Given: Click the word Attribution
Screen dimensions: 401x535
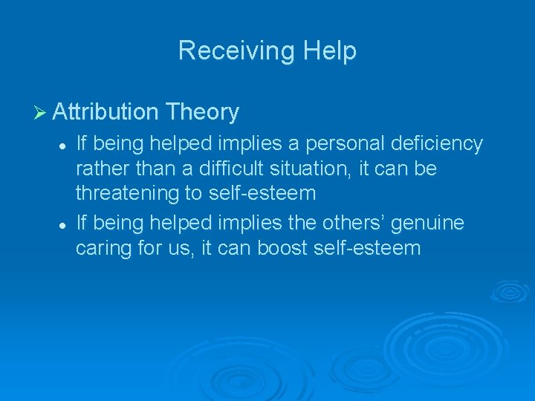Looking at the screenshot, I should tap(106, 112).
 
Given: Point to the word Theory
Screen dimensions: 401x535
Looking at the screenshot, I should tap(203, 113).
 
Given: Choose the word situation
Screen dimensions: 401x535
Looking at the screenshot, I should tap(310, 169).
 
